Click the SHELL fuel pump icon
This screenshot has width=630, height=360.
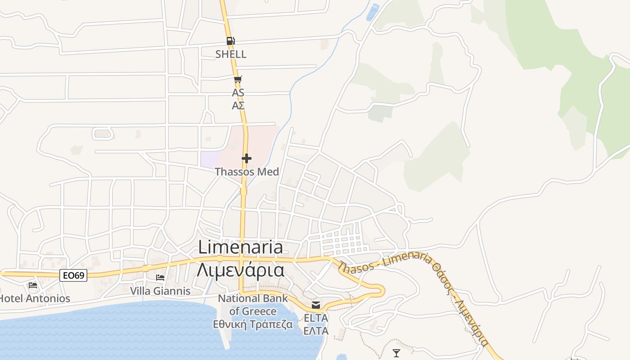coord(230,41)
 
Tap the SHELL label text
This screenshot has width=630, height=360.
coord(231,54)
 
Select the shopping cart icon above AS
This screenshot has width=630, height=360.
coord(238,80)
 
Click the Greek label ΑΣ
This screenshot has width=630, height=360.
coord(238,106)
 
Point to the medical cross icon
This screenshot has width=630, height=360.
coord(247,158)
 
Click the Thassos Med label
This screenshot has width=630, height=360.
coord(247,171)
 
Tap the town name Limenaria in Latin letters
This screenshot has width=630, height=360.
coord(241,247)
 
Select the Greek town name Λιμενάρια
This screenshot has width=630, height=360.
coord(241,270)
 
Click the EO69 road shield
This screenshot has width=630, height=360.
coord(73,275)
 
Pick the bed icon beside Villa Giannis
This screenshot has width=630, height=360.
coord(160,278)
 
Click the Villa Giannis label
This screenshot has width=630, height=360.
coord(160,291)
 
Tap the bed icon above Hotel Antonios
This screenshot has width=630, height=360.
coord(32,285)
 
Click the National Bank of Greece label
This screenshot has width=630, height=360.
coord(253,305)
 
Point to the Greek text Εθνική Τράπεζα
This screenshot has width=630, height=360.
coord(253,324)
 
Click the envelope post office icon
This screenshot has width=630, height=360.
coord(316,305)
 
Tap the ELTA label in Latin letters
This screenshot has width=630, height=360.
coord(316,318)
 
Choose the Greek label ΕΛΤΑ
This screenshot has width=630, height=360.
coord(316,331)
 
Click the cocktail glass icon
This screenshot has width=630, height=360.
coord(396,353)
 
